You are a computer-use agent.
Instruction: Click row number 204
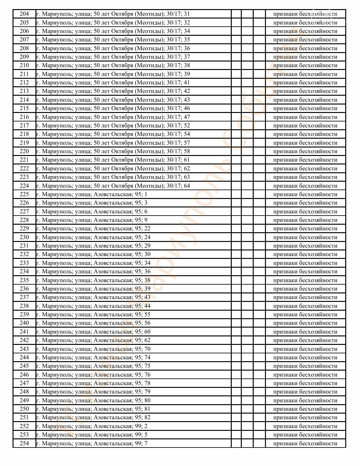click(24, 14)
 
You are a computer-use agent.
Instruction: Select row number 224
click(24, 186)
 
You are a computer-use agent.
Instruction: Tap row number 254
click(24, 443)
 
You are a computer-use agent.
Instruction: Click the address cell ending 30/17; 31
click(113, 14)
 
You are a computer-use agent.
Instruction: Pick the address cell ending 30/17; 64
click(113, 186)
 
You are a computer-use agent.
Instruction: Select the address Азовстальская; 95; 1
click(92, 194)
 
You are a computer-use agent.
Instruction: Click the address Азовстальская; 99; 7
click(92, 443)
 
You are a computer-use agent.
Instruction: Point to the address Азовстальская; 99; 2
click(92, 426)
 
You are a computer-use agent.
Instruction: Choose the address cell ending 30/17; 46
click(113, 108)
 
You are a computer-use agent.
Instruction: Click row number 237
click(24, 297)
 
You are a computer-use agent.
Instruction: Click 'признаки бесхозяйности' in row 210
click(305, 65)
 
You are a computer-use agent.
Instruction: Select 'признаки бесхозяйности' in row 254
click(305, 443)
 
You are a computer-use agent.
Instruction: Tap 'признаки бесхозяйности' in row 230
click(305, 237)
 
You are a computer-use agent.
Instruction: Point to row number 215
click(24, 108)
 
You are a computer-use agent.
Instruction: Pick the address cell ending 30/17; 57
click(113, 143)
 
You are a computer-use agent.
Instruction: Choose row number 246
click(24, 375)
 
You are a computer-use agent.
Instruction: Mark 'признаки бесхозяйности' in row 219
click(305, 143)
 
